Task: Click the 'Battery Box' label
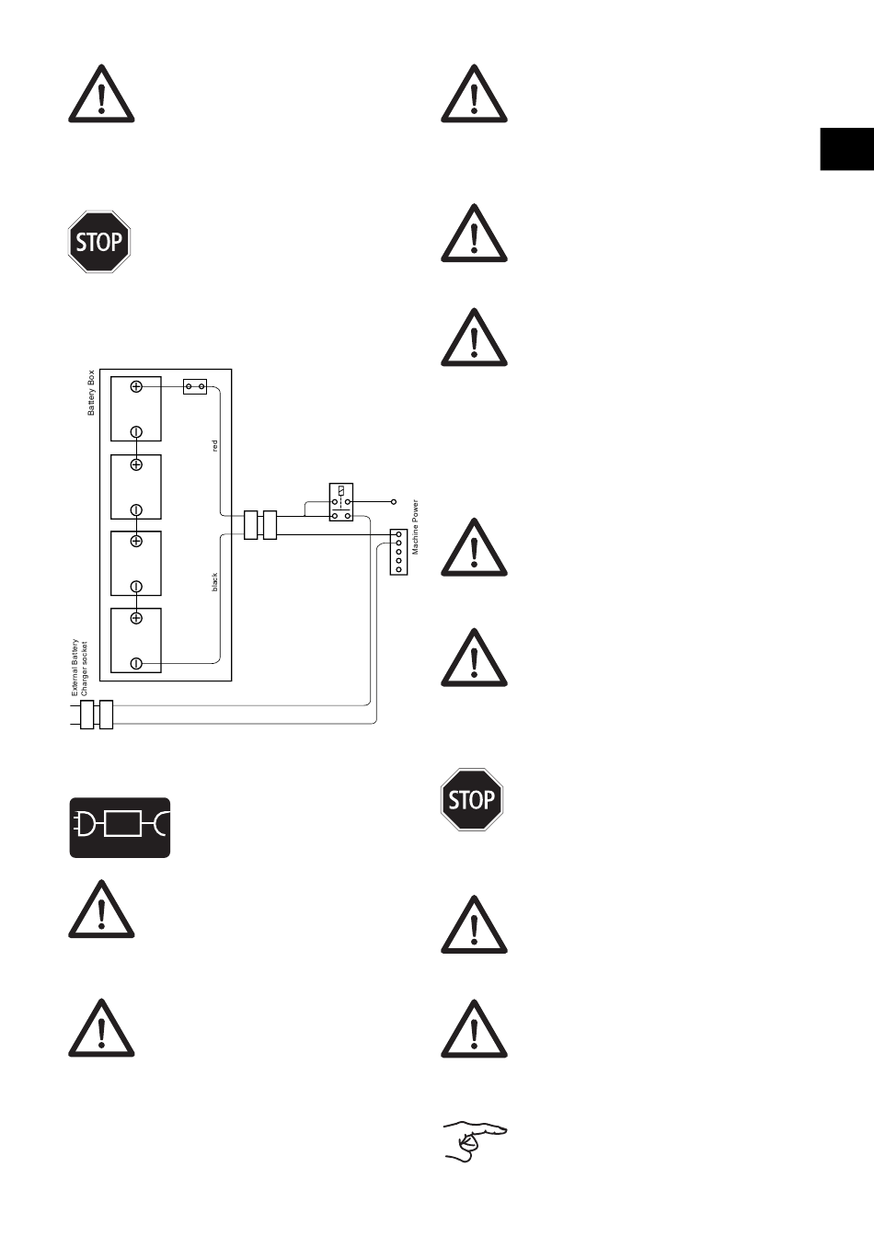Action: tap(91, 393)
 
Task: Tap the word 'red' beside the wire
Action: tap(215, 445)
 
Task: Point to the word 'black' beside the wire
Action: tap(215, 581)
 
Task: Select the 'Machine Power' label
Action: tap(415, 527)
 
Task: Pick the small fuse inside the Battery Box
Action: tap(195, 387)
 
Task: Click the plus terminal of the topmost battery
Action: tap(136, 387)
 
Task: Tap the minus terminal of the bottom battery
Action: tap(136, 663)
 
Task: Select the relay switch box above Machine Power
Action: tap(340, 502)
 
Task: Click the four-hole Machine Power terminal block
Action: tap(398, 552)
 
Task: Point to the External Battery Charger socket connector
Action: tap(97, 715)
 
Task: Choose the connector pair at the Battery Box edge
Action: tap(260, 525)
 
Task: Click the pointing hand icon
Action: tap(475, 1141)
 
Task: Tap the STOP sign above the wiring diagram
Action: tap(99, 242)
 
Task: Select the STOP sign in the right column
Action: tap(472, 800)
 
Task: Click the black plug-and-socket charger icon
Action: tap(121, 828)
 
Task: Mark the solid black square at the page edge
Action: tap(846, 149)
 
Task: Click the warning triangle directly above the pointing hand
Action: tap(474, 1029)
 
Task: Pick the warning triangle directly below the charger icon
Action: tap(101, 910)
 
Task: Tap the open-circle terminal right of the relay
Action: tap(394, 502)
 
